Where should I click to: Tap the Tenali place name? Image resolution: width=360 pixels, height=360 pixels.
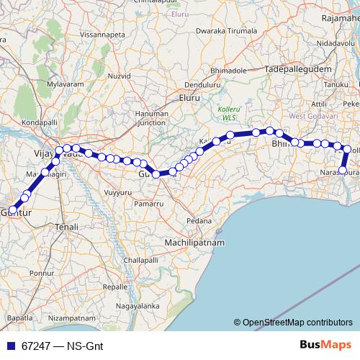[66, 227]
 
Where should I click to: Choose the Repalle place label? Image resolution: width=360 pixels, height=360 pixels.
[116, 286]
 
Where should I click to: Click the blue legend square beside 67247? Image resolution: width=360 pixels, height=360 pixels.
[12, 346]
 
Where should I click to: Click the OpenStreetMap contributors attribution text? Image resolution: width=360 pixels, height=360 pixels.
[296, 323]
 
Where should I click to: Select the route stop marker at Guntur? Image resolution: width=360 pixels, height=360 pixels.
[12, 210]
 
